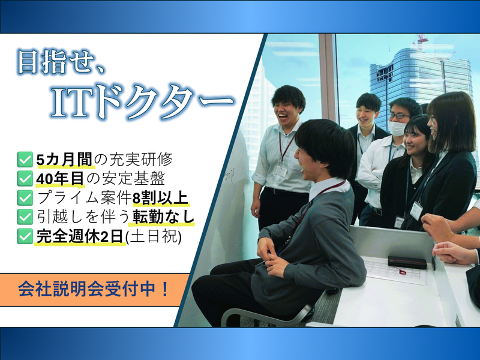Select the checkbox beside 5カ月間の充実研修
coord(25,160)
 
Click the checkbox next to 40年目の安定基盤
coord(25,179)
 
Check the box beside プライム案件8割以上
coord(25,197)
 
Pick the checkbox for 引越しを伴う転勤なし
coord(25,216)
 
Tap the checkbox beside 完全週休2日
coord(25,236)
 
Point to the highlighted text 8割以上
coord(161,197)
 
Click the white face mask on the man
coord(397,128)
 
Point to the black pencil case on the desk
coord(406,262)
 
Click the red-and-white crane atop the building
coord(421,41)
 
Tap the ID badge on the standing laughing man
coord(281,170)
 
